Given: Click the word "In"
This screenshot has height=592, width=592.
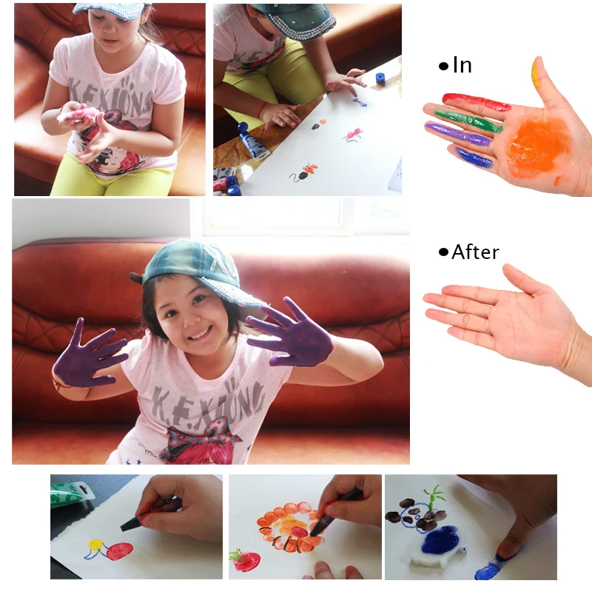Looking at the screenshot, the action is [x=462, y=64].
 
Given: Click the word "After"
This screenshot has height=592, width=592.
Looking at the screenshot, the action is [x=475, y=252].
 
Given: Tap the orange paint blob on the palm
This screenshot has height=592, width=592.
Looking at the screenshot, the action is [x=537, y=145].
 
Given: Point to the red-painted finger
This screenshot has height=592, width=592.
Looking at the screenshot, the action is [x=476, y=101].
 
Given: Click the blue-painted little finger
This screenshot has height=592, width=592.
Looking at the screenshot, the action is [x=474, y=158].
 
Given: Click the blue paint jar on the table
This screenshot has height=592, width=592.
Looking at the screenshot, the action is [x=380, y=78].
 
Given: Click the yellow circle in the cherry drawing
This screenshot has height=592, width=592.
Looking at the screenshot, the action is [x=95, y=545].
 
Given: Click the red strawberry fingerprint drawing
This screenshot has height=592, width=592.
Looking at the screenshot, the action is [x=246, y=560].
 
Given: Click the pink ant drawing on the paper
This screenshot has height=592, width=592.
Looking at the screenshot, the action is [x=354, y=135].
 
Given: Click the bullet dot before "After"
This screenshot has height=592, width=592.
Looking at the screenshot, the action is [x=443, y=252].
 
